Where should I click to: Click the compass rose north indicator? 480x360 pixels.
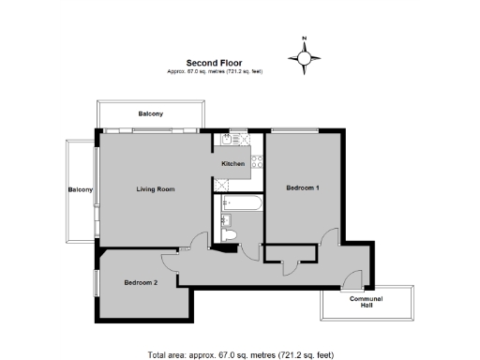click(305, 57)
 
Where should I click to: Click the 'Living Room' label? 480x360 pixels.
click(155, 189)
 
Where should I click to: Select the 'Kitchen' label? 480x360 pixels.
click(232, 164)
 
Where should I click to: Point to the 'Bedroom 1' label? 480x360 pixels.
click(303, 188)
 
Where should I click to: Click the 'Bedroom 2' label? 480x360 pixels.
click(141, 282)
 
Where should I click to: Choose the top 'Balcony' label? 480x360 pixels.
click(151, 113)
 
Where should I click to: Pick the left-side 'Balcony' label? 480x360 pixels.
click(80, 190)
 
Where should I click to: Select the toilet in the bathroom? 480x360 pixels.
click(239, 232)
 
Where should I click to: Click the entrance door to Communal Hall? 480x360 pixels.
click(351, 279)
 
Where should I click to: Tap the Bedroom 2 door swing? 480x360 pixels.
click(170, 259)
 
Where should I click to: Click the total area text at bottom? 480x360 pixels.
click(240, 354)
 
